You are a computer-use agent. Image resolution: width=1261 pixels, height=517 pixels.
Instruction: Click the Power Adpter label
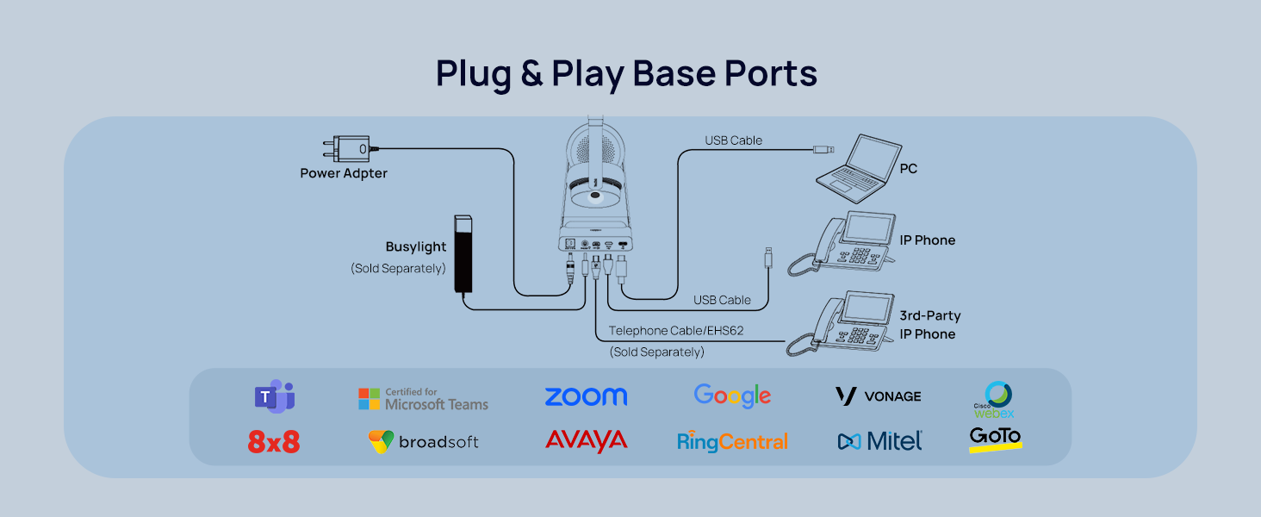click(344, 173)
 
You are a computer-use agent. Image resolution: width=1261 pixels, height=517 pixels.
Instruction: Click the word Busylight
click(416, 247)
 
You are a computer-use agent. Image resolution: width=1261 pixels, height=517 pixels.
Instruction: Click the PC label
click(908, 169)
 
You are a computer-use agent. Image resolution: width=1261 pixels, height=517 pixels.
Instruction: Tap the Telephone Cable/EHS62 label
click(675, 331)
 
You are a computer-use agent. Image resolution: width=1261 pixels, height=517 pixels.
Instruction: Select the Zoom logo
click(586, 396)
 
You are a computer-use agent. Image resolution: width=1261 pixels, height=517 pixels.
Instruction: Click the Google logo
click(732, 396)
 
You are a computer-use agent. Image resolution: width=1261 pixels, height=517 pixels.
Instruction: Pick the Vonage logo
click(879, 396)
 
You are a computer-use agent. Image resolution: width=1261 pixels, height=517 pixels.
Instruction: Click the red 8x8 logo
click(273, 443)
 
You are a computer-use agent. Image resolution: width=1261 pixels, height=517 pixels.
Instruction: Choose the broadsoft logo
click(423, 442)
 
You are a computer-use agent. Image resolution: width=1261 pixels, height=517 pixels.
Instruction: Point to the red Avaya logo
click(586, 441)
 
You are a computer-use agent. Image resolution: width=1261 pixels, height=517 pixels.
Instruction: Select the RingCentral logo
click(732, 442)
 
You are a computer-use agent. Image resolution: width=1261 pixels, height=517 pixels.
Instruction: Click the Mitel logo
click(879, 441)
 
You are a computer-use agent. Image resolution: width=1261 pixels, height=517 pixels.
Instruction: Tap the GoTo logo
click(996, 439)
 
